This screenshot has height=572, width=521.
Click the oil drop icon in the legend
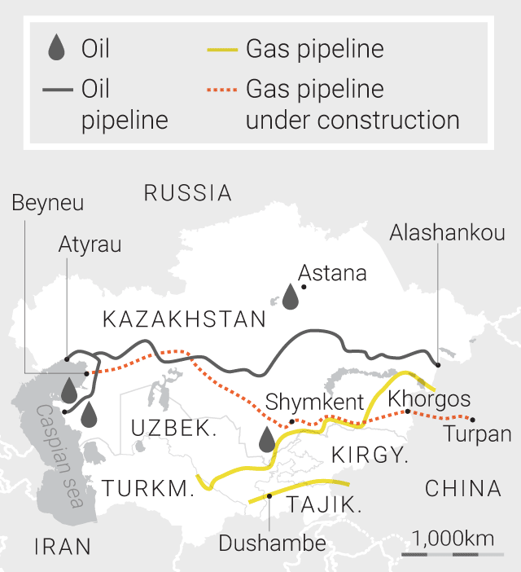tap(55, 49)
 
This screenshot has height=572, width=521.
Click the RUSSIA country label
tap(188, 193)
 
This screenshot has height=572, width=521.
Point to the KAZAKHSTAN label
tap(185, 319)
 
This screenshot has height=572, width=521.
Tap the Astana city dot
tap(304, 287)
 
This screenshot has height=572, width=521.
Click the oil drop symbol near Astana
tap(290, 297)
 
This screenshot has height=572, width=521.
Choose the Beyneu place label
tap(47, 203)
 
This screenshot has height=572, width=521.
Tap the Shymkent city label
tap(314, 402)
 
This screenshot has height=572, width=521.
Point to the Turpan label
tap(478, 434)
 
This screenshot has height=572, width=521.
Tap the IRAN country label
tap(63, 547)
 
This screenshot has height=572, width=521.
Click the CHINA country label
tap(463, 489)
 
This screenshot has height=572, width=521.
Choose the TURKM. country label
tap(148, 489)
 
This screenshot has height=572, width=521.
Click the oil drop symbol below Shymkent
tap(267, 439)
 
